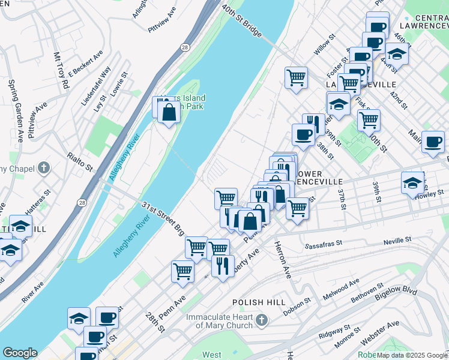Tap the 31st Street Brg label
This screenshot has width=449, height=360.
tap(163, 219)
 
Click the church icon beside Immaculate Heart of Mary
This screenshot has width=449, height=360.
tap(261, 320)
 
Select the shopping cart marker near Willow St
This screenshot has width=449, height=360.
tap(296, 77)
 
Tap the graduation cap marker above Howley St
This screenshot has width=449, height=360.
tap(412, 183)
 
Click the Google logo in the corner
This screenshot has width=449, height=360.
tap(20, 353)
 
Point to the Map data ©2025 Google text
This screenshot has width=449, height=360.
tap(412, 355)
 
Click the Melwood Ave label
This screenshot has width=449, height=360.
tap(340, 289)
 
